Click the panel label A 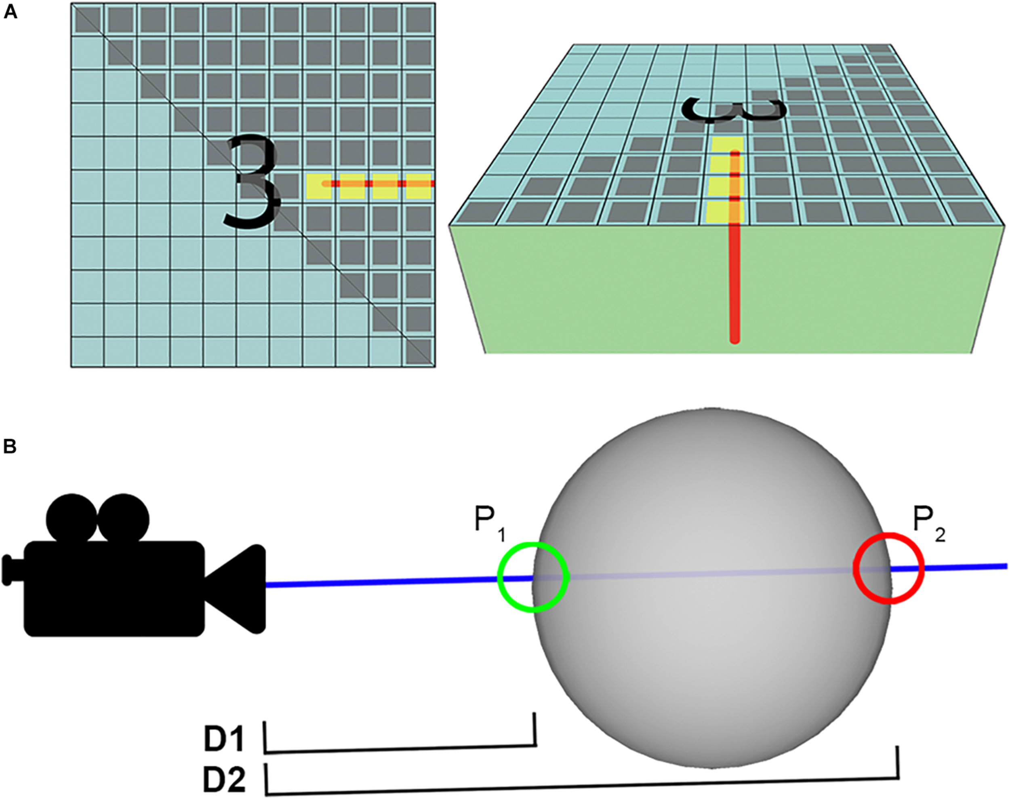[10, 12]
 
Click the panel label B [10, 447]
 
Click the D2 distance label [224, 779]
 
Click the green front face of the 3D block [585, 299]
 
